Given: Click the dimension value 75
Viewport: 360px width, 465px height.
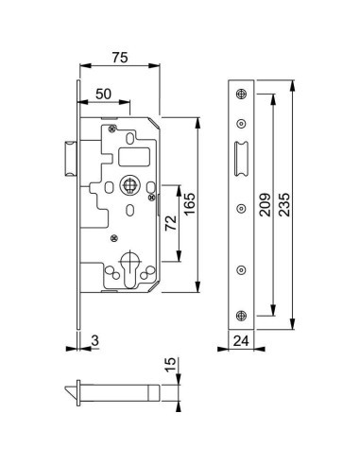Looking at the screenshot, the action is click(120, 58).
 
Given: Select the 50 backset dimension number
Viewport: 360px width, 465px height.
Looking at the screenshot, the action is click(103, 94).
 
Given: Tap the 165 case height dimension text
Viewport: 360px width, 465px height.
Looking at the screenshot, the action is click(190, 204).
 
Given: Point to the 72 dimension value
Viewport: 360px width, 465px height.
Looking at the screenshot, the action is click(171, 223).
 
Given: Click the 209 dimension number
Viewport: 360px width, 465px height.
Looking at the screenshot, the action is click(265, 205).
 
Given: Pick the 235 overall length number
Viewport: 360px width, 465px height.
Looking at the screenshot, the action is click(284, 205).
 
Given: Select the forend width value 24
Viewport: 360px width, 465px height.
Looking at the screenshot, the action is click(241, 341).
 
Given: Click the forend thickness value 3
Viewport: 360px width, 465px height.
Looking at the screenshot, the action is click(94, 340).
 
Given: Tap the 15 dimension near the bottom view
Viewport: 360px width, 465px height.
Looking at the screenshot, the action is click(170, 365).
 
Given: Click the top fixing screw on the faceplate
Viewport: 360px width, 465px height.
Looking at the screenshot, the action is click(241, 94).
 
